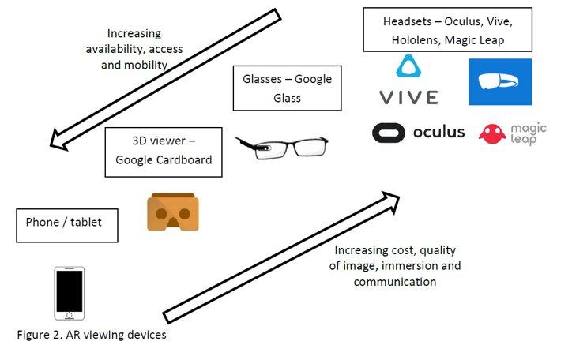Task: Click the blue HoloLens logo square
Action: click(x=500, y=81)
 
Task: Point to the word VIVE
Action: click(x=408, y=98)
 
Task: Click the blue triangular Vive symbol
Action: click(x=408, y=69)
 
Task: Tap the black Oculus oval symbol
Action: click(x=389, y=132)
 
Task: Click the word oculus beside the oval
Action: click(x=438, y=132)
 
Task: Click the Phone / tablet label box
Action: click(x=66, y=223)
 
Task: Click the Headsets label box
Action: click(x=444, y=28)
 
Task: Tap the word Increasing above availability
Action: click(x=134, y=34)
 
